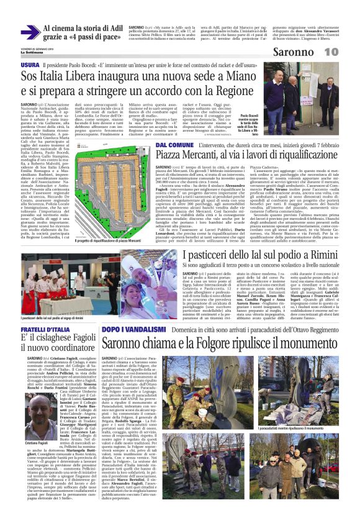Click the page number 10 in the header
click(x=347, y=52)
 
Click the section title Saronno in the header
click(x=310, y=52)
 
